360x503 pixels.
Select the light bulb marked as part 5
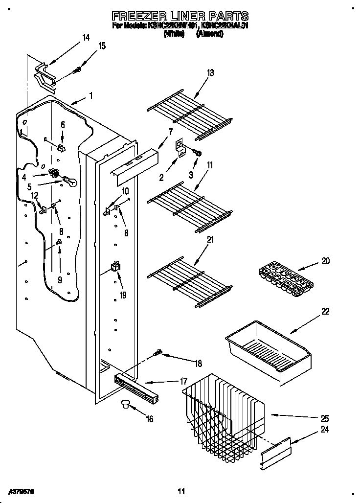tap(70, 183)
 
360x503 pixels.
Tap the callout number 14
tap(86, 38)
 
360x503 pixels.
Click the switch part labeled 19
tap(116, 267)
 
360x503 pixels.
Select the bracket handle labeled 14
tap(45, 76)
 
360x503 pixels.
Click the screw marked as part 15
tap(76, 71)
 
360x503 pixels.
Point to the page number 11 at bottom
tap(181, 491)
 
